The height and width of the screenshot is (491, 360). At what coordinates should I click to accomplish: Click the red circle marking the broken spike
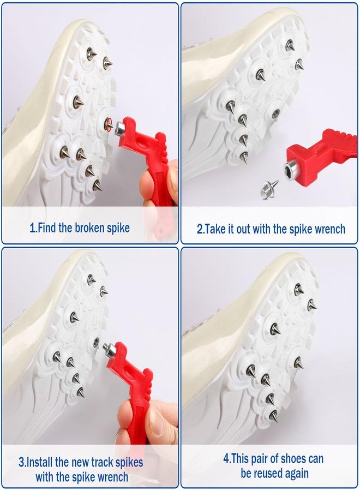tap(109, 124)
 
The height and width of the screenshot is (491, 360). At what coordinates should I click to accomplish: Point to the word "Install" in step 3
tap(39, 463)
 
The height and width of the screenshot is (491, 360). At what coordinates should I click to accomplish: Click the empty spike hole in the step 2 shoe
tap(275, 113)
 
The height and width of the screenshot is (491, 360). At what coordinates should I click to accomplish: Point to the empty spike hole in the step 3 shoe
tap(96, 342)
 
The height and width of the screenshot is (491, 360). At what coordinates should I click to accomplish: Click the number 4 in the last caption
tap(226, 459)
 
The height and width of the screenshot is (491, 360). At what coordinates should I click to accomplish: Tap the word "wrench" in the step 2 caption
tap(329, 229)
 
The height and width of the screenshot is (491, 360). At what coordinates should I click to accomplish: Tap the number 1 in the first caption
tap(32, 227)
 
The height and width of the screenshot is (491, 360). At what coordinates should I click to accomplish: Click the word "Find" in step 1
tap(47, 227)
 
